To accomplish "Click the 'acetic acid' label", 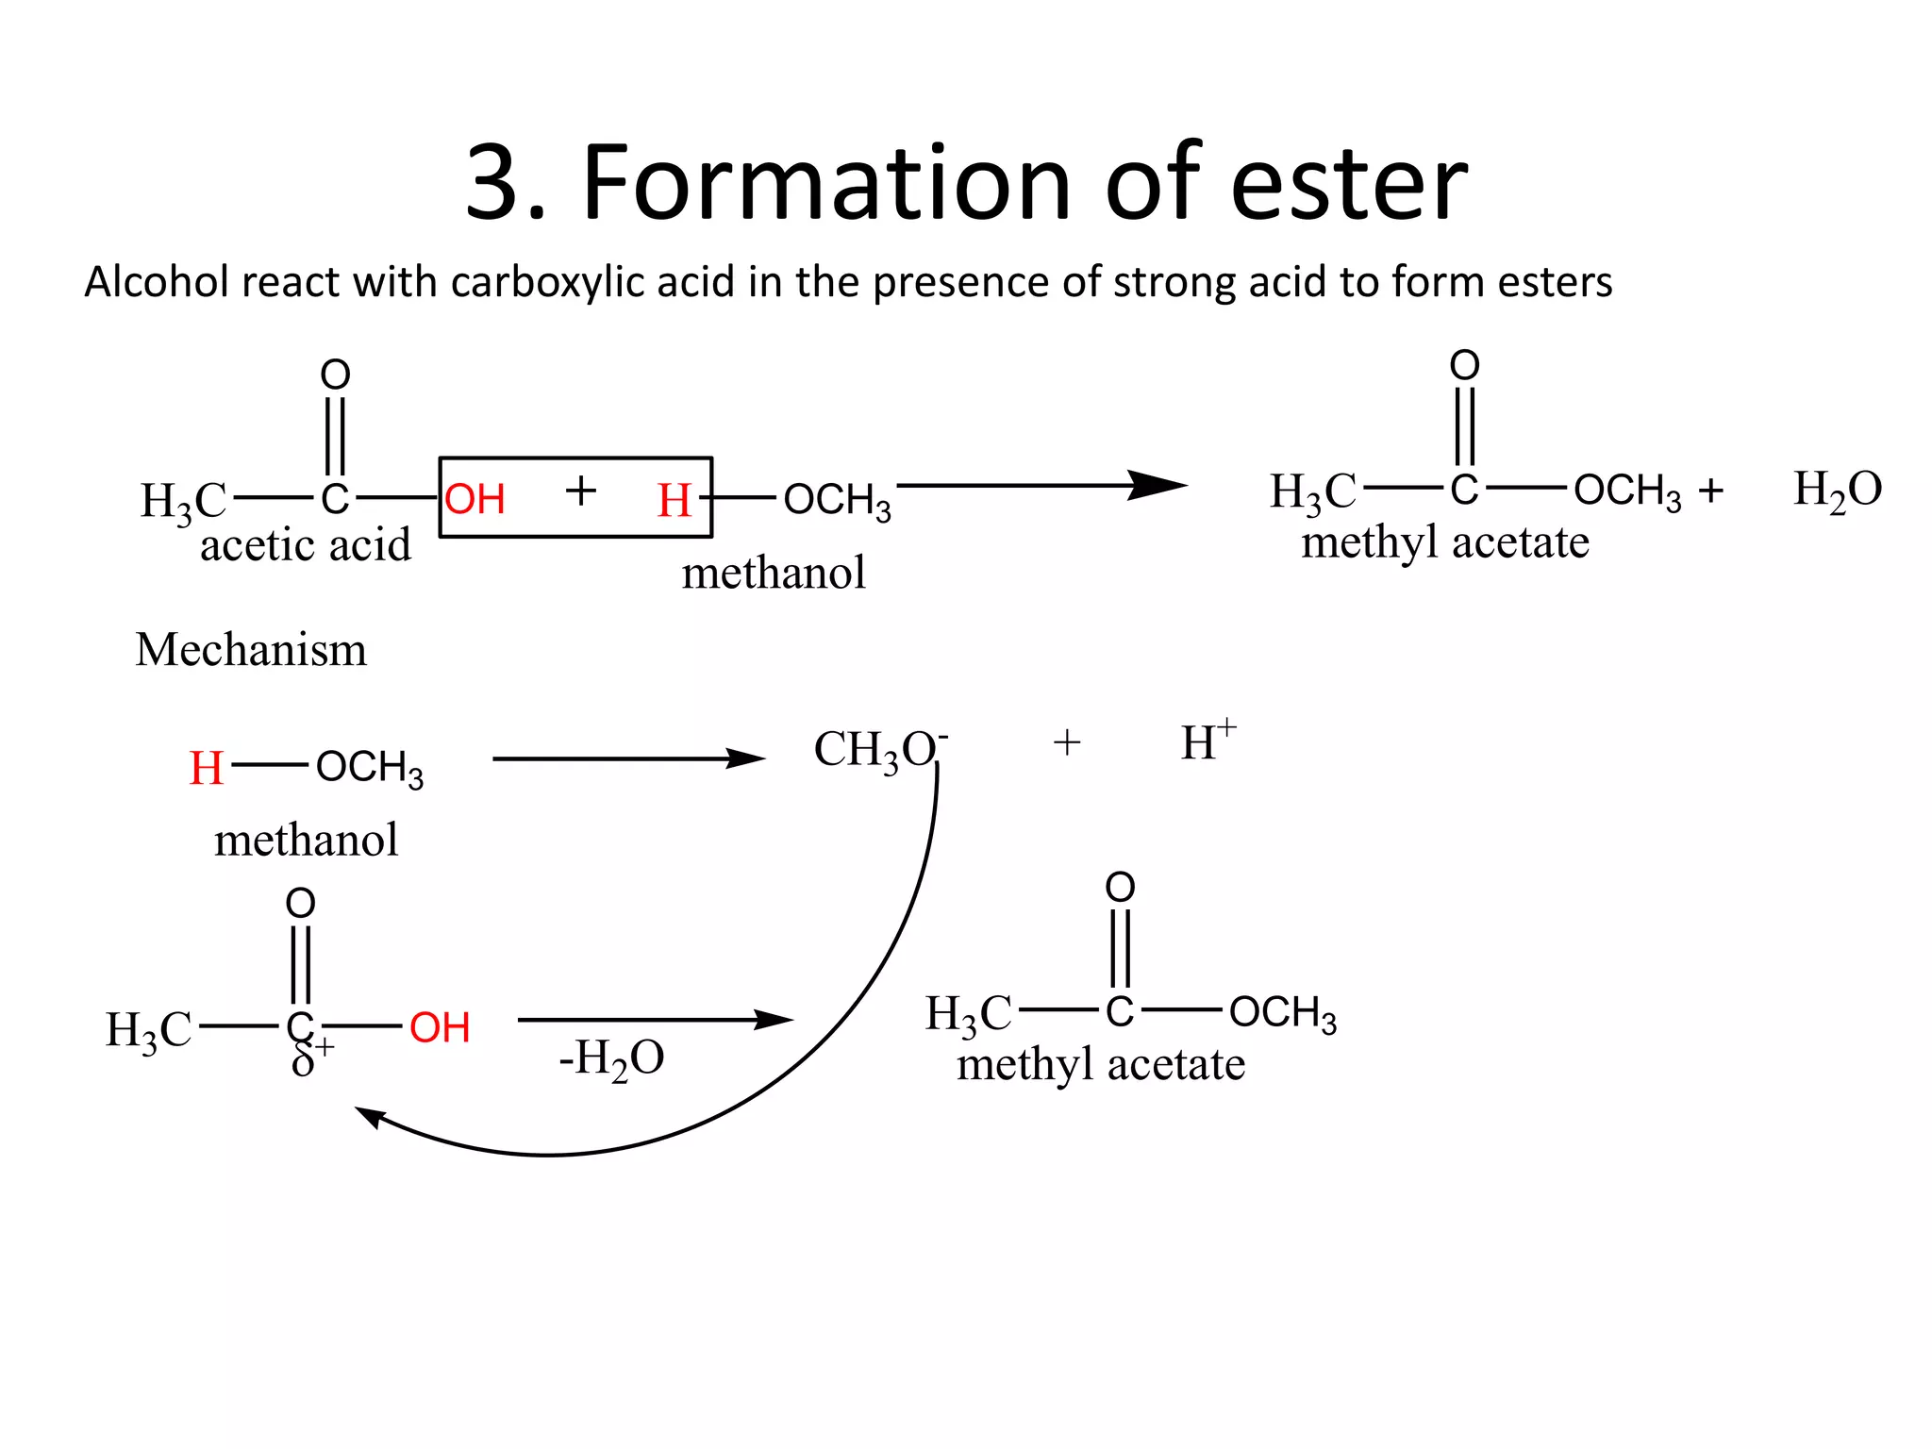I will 306,545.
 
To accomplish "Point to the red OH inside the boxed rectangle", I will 475,499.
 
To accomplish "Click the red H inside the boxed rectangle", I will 675,500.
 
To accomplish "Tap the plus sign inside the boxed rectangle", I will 580,491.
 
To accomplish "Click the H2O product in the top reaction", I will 1837,491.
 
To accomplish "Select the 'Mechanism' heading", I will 251,650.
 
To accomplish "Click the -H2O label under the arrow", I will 611,1058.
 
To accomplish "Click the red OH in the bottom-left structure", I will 440,1027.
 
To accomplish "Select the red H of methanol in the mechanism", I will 206,768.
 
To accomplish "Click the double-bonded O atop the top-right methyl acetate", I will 1464,365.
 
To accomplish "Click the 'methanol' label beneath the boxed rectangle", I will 774,573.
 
